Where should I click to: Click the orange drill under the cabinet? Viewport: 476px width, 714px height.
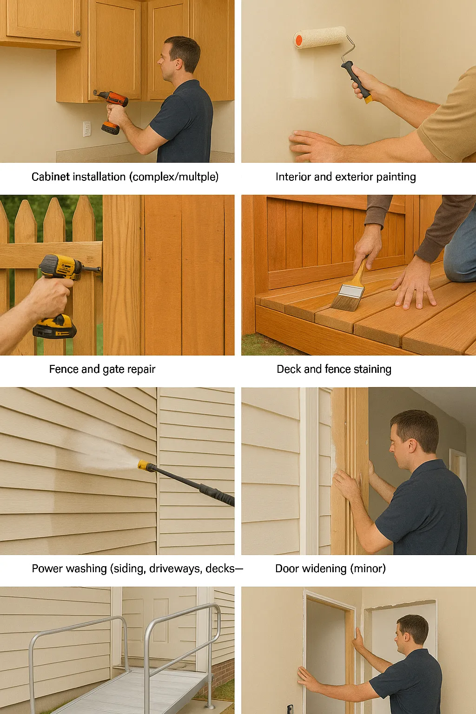pyautogui.click(x=112, y=110)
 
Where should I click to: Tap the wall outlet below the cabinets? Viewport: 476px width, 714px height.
pyautogui.click(x=87, y=129)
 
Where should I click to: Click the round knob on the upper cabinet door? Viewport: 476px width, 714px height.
pyautogui.click(x=78, y=33)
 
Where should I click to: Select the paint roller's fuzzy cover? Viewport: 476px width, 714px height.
pyautogui.click(x=320, y=38)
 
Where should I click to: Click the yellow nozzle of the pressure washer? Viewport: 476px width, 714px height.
pyautogui.click(x=144, y=465)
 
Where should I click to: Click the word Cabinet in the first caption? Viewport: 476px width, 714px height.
pyautogui.click(x=50, y=177)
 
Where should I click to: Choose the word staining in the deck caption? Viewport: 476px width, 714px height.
pyautogui.click(x=372, y=370)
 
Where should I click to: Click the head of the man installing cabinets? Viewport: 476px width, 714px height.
pyautogui.click(x=179, y=58)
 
